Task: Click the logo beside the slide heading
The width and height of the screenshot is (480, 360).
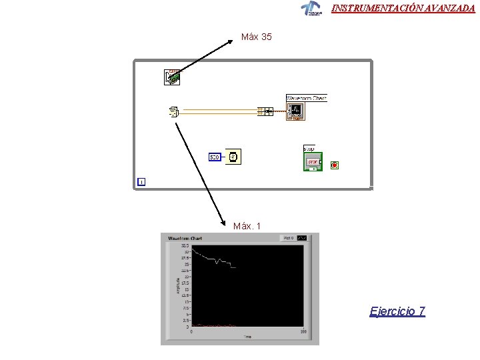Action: [311, 8]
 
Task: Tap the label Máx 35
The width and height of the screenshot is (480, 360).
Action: [256, 37]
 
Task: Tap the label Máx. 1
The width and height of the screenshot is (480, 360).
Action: [247, 226]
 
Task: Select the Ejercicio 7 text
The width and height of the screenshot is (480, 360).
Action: [397, 311]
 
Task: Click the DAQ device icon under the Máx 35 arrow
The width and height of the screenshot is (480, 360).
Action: [172, 77]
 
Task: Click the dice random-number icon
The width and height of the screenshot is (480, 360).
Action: [173, 112]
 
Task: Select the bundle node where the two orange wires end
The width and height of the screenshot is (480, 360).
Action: [265, 111]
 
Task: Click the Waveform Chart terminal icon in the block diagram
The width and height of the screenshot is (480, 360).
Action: [295, 112]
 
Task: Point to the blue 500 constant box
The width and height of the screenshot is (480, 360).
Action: [215, 157]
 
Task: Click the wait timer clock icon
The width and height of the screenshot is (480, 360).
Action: [233, 157]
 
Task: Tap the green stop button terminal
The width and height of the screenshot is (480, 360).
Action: [313, 162]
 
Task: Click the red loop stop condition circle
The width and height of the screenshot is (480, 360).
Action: [335, 164]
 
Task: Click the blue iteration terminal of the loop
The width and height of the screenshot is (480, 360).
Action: [141, 181]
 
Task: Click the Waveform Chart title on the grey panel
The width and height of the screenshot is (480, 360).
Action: [185, 238]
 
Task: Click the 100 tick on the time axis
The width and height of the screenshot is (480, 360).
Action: [303, 331]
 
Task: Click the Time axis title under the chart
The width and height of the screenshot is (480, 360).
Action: [247, 337]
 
